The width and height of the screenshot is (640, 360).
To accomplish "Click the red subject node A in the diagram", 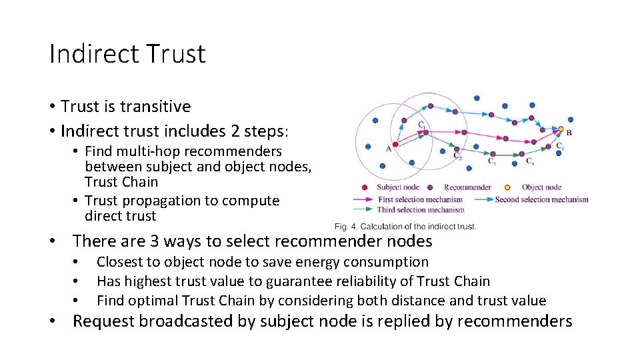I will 395,144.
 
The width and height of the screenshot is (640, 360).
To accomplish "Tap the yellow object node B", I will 561,129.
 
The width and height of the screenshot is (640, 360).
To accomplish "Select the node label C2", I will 457,157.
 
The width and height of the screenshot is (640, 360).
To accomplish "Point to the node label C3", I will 491,161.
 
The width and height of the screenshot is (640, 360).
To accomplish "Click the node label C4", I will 529,161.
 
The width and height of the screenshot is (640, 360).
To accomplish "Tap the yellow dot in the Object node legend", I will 508,187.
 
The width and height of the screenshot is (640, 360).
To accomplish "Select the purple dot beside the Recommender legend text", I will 431,187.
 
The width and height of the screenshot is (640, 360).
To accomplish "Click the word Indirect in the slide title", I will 91,54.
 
